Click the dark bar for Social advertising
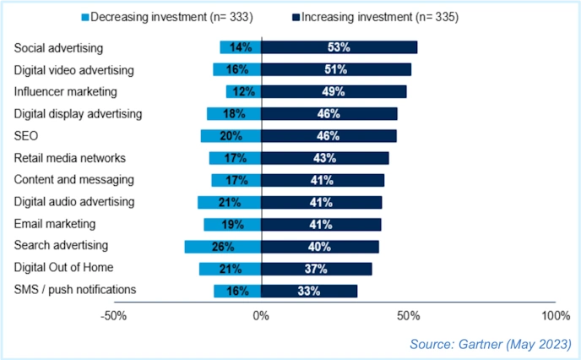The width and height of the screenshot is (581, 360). point(339,47)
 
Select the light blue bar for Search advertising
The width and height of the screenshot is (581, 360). point(223,246)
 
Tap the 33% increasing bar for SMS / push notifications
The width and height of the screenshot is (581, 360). point(309,291)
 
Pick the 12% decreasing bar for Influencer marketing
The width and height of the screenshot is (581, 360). point(243,91)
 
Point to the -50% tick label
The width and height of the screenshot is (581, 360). point(114,315)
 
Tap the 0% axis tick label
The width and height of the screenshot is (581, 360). point(261,315)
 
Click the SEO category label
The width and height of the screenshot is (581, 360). point(26,135)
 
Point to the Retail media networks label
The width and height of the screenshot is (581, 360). point(69,158)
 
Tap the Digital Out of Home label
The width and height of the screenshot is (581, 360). point(65,268)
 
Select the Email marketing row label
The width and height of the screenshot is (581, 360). point(54,224)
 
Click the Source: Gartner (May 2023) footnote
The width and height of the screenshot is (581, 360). point(491,344)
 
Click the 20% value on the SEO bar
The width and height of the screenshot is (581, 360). point(231,135)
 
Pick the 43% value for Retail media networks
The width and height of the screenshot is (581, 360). point(324,158)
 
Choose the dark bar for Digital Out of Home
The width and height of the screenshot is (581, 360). point(317,268)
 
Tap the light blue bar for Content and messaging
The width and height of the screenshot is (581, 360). point(236,180)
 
